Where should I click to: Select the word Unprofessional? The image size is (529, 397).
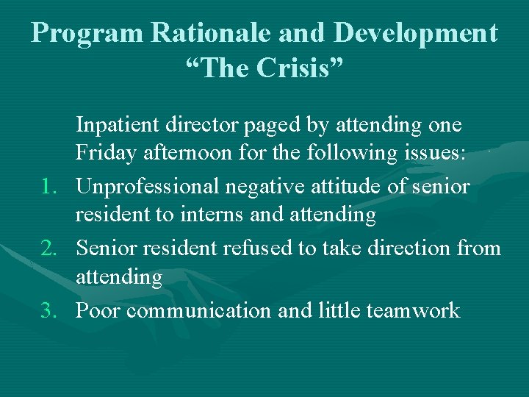click(148, 187)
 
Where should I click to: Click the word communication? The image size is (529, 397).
click(198, 311)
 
